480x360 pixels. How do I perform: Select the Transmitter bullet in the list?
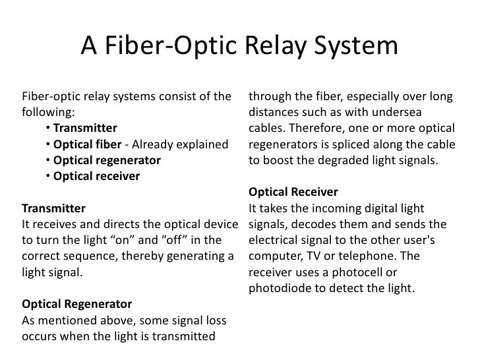tap(85, 127)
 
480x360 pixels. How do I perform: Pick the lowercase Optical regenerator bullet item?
tap(107, 160)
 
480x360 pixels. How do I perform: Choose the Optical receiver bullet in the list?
tap(96, 175)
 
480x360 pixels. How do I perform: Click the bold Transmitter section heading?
tap(54, 208)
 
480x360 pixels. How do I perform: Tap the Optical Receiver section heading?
tap(293, 192)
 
